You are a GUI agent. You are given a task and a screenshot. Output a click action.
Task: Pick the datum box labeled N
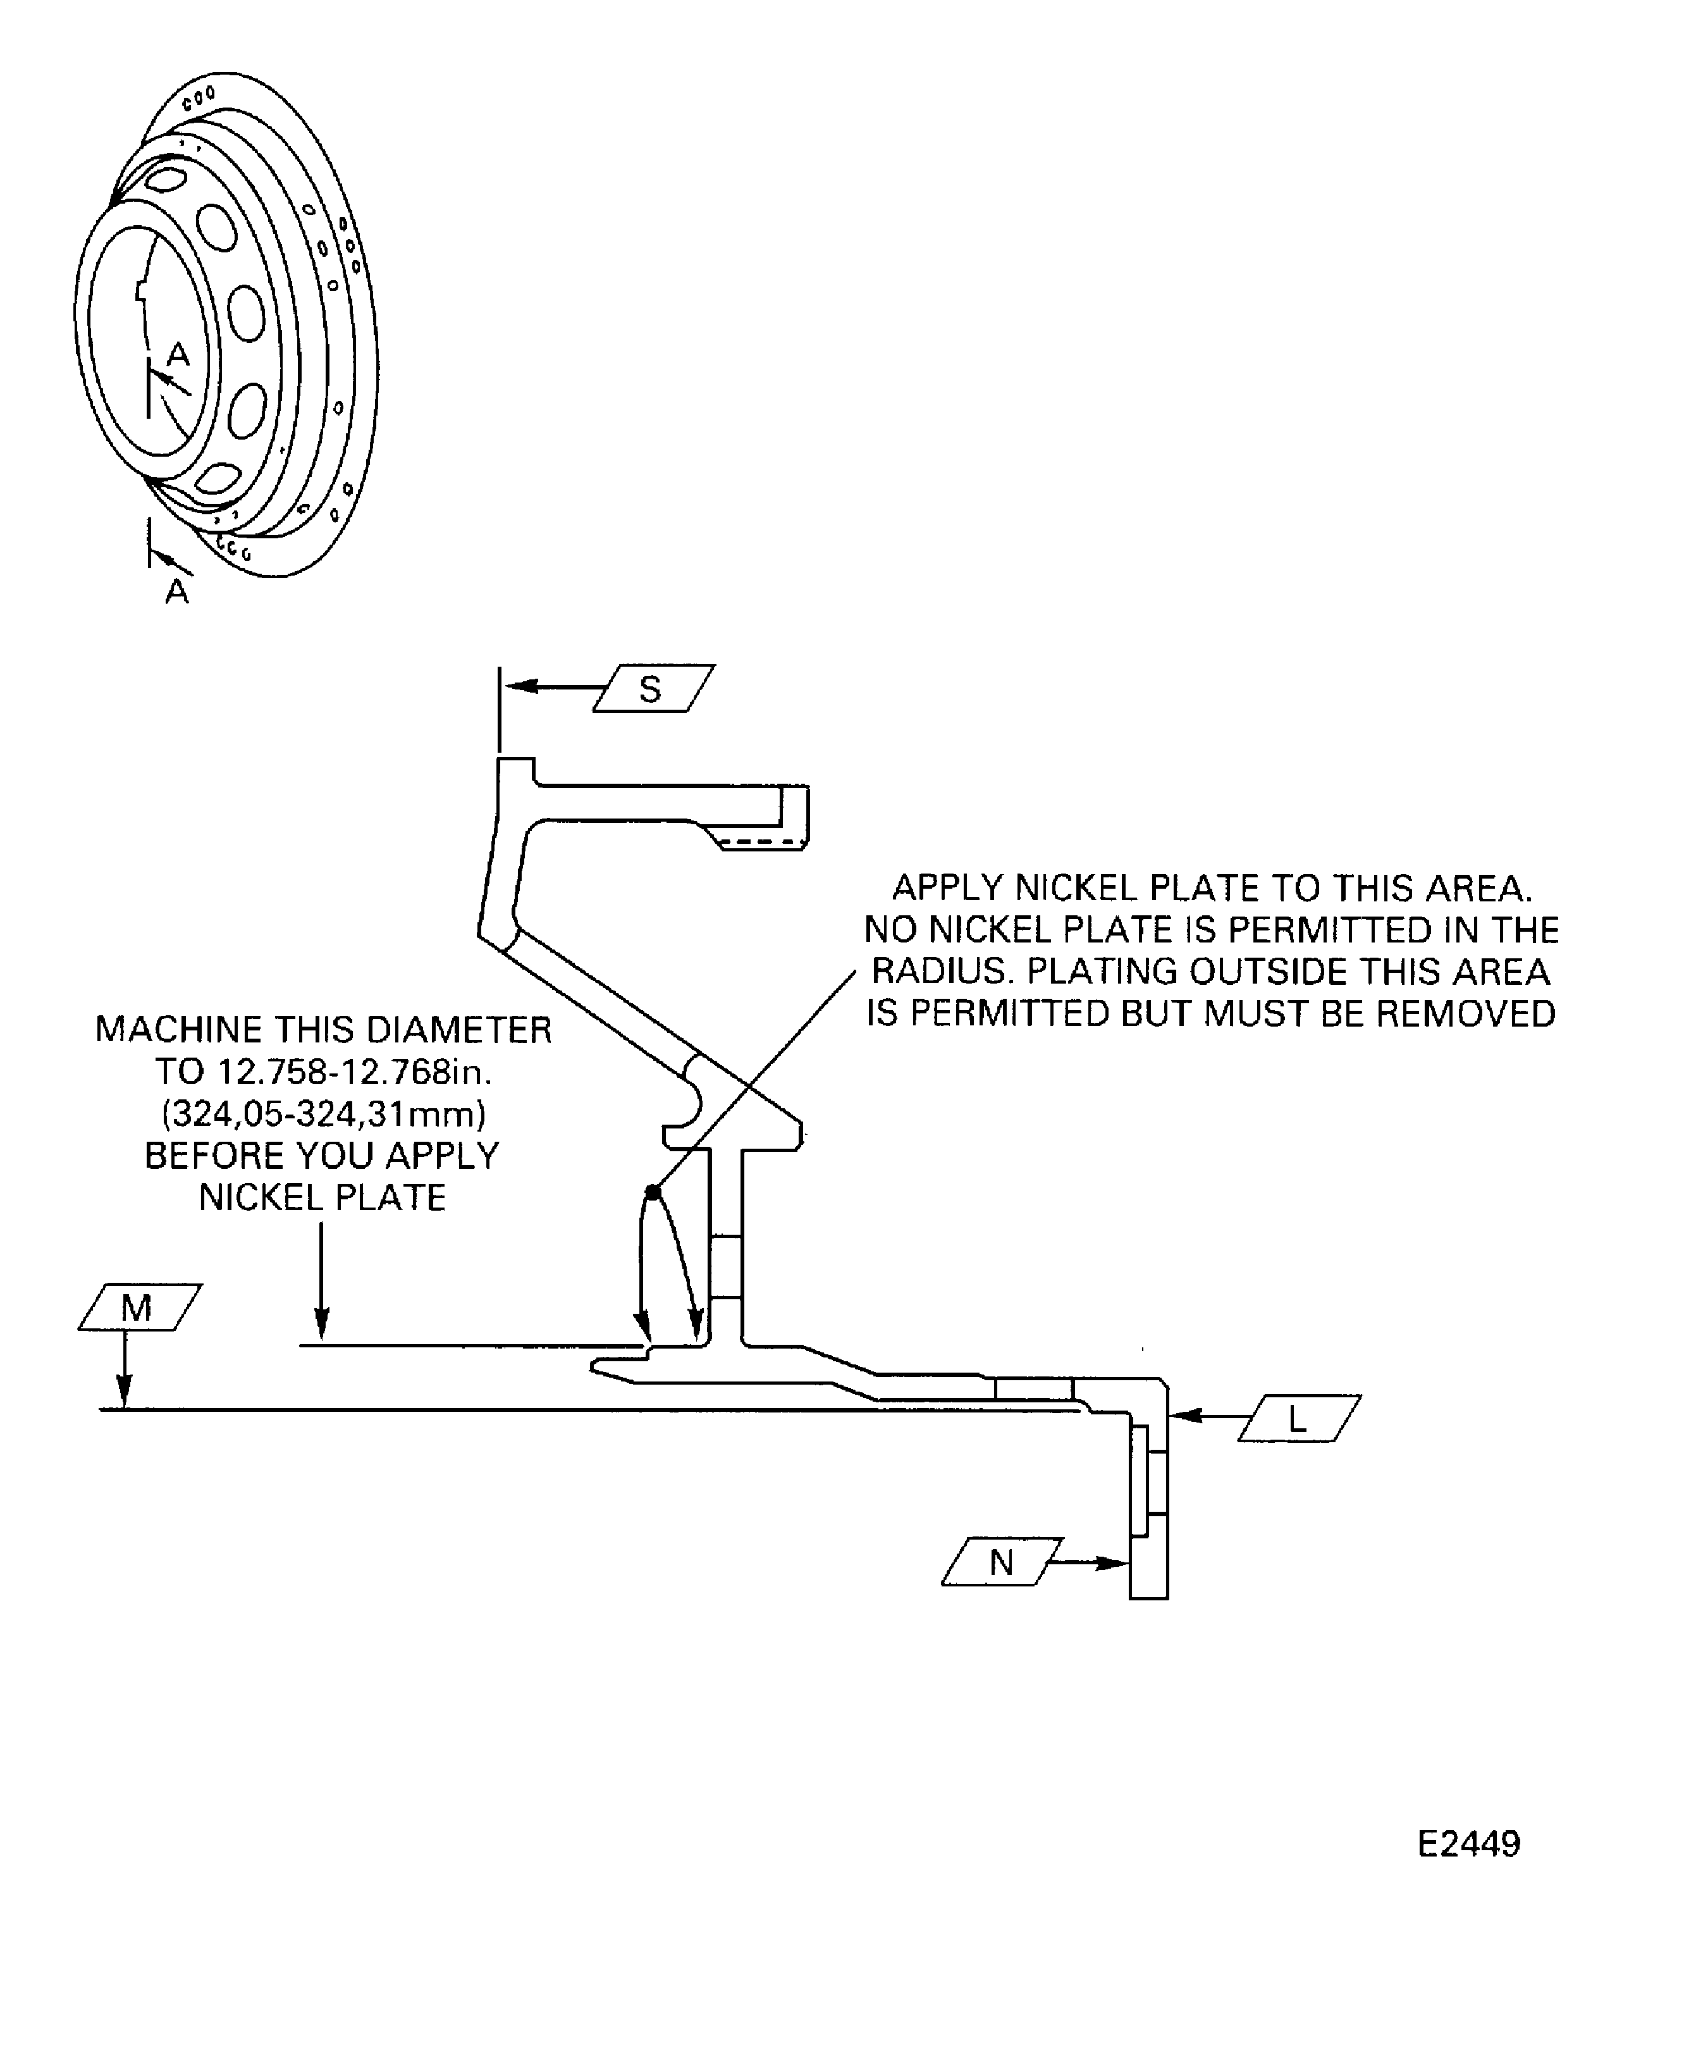click(1003, 1561)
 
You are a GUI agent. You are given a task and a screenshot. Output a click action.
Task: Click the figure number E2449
click(1468, 1844)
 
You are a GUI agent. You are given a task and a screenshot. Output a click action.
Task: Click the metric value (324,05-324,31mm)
click(324, 1114)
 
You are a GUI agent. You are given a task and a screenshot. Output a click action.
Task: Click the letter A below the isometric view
click(176, 591)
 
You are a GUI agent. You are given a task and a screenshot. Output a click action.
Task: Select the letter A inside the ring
click(178, 355)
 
